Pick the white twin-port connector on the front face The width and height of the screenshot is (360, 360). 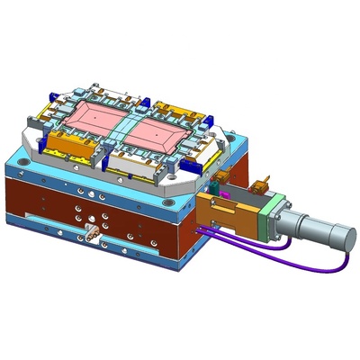click(x=90, y=237)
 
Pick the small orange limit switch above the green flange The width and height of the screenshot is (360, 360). click(x=263, y=185)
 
